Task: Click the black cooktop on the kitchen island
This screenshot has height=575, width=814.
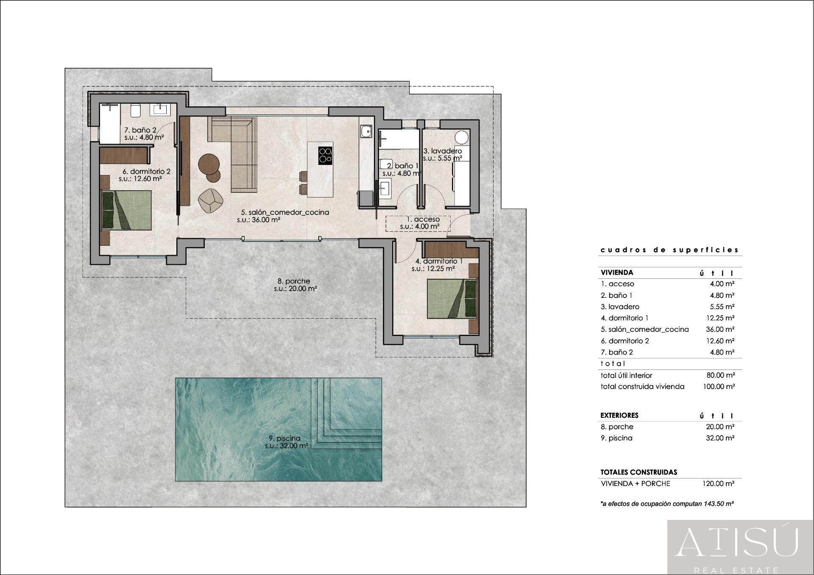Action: coord(325,156)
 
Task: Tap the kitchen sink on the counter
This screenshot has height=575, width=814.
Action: coord(365,132)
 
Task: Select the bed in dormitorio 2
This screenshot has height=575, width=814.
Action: coord(126,210)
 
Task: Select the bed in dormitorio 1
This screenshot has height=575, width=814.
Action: coord(452,299)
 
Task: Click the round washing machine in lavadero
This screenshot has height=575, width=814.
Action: coord(462,137)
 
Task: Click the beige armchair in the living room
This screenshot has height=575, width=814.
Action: coord(211,200)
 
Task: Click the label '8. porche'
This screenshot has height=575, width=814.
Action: coord(294,281)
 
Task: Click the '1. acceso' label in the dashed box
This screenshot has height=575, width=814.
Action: coord(423,219)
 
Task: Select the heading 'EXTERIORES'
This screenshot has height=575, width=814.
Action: coord(619,415)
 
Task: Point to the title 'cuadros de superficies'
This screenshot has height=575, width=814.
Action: coord(669,250)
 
